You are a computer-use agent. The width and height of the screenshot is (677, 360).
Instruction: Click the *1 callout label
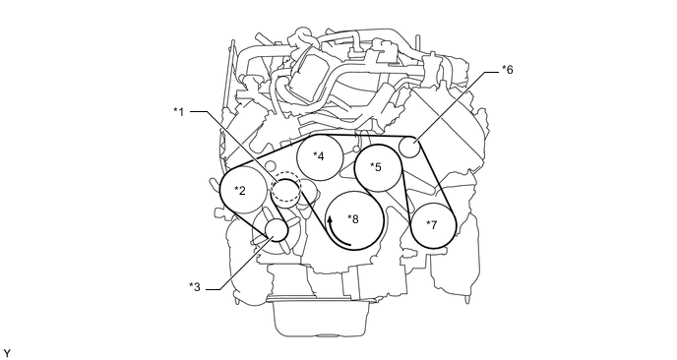pos(179,112)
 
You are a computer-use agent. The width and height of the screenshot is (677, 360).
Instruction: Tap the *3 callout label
pos(195,287)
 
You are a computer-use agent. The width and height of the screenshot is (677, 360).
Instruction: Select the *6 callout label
pos(508,70)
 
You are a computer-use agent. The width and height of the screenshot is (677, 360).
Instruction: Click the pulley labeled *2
pos(243,190)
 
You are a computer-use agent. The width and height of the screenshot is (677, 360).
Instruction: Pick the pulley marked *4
pos(320,156)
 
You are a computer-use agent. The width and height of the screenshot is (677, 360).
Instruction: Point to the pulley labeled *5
pos(378,167)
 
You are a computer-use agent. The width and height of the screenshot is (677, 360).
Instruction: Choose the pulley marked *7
pos(433,225)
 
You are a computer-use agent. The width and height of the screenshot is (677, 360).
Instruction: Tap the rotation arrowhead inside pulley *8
pos(330,219)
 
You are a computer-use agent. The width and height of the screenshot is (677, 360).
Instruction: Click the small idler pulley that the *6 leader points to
pos(409,147)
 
